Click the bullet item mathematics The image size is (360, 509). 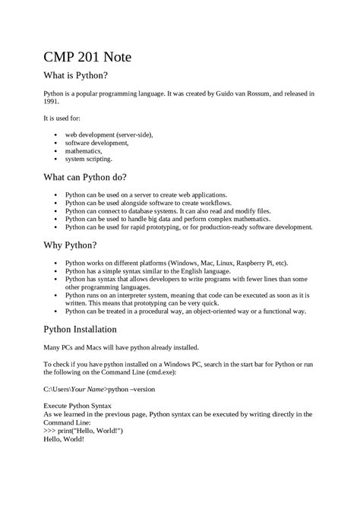tap(83, 151)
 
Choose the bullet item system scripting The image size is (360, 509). tap(88, 159)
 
